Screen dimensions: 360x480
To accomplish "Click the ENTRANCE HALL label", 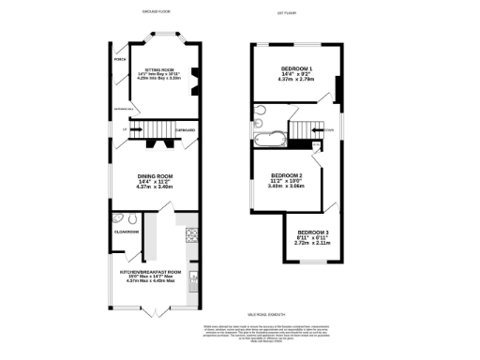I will tap(125, 111).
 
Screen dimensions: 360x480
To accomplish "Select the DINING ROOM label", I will tap(155, 175).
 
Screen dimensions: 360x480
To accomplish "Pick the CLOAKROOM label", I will tap(127, 231).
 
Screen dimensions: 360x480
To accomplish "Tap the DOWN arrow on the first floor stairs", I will tap(328, 129).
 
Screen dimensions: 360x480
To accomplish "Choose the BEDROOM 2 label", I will tap(286, 175).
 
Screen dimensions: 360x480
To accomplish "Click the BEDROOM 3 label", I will tap(312, 232).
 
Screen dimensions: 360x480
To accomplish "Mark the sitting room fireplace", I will tap(193, 78).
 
